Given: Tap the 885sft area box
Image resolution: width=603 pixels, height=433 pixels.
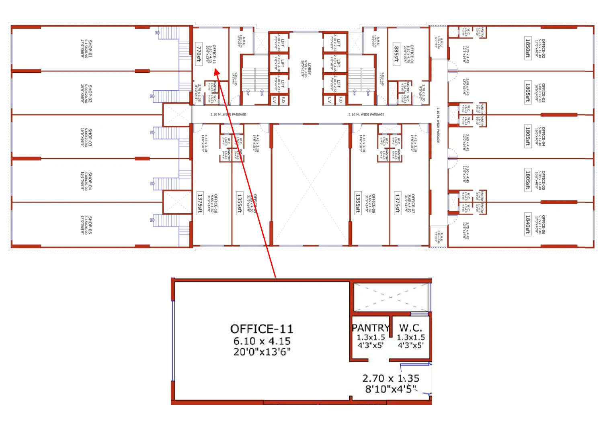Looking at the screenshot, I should pos(397,54).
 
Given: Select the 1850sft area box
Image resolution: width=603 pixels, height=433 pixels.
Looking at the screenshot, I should pos(528,48).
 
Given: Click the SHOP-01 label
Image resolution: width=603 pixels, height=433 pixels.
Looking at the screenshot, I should pos(90,48).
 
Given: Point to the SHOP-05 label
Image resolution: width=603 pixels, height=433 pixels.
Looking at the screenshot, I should pos(90,225).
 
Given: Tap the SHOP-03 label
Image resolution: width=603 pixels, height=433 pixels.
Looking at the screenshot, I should pos(90,137).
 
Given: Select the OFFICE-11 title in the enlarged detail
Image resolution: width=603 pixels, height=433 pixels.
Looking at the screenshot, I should pos(262,329).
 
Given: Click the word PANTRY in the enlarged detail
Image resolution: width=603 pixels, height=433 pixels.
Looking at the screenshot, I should pos(370,328).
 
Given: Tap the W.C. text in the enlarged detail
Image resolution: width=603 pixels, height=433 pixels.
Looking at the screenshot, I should pos(410,328).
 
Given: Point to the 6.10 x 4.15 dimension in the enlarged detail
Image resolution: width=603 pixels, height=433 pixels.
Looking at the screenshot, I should pos(262,341).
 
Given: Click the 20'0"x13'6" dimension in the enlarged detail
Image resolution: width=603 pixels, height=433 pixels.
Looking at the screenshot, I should pos(262,352).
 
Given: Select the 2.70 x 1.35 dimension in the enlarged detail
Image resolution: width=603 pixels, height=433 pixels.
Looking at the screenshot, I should pos(390,378).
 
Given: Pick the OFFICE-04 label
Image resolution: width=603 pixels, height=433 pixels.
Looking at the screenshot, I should pos(543,137).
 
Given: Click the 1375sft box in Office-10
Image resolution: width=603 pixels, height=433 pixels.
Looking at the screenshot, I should pos(200,203).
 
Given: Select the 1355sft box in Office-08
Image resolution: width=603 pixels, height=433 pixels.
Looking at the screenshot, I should pos(358,203).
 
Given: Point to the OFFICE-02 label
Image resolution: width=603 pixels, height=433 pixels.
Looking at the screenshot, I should pos(543,48).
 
